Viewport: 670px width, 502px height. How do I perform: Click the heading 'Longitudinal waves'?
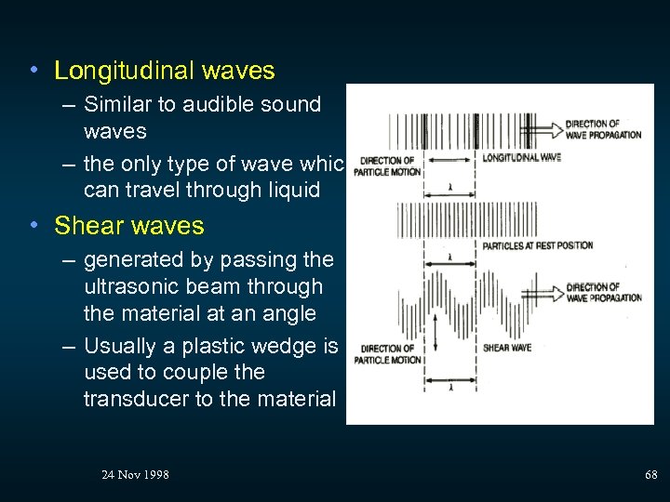click(x=165, y=71)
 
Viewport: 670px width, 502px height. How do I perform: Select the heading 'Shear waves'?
click(x=129, y=226)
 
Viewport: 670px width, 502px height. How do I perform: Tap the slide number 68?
click(x=651, y=475)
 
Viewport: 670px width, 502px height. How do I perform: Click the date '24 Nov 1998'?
click(x=135, y=475)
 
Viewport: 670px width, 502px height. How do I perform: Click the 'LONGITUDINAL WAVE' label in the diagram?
click(x=521, y=157)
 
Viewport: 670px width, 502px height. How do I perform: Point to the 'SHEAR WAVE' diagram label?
click(x=507, y=349)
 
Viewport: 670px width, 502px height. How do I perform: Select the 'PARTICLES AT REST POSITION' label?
click(x=537, y=246)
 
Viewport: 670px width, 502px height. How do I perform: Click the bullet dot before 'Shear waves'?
click(x=33, y=226)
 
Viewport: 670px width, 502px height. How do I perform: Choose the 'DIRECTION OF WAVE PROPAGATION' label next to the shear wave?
click(x=604, y=293)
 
